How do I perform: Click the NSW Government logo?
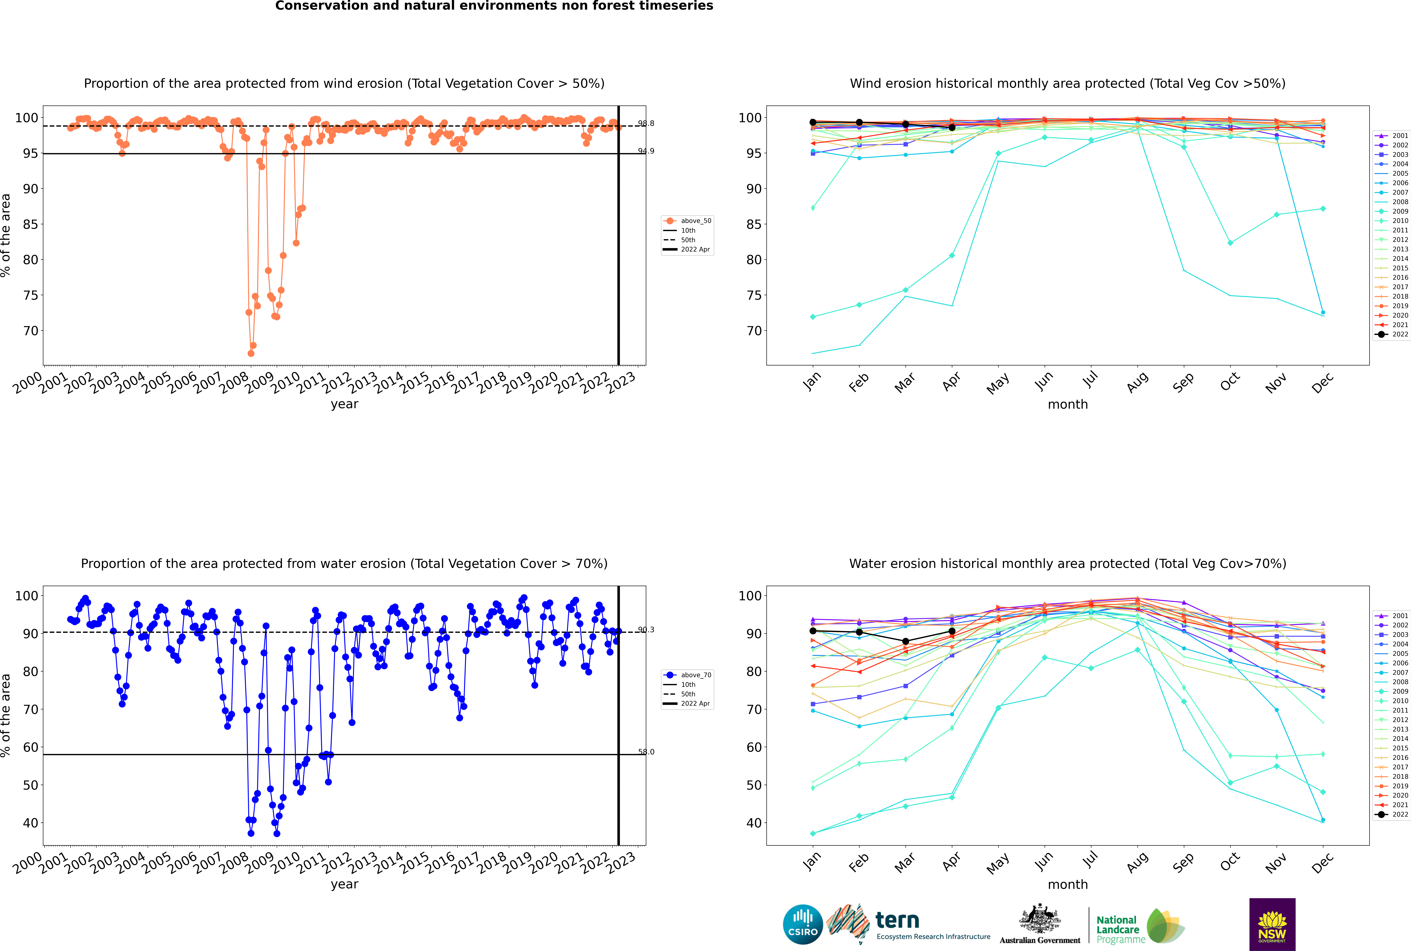pos(1272,924)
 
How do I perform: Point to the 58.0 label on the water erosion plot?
pos(646,752)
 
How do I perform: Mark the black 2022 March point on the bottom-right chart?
pos(906,641)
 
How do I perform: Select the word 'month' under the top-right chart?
pos(1068,405)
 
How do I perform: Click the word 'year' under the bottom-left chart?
pos(345,884)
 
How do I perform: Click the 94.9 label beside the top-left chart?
pos(646,151)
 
